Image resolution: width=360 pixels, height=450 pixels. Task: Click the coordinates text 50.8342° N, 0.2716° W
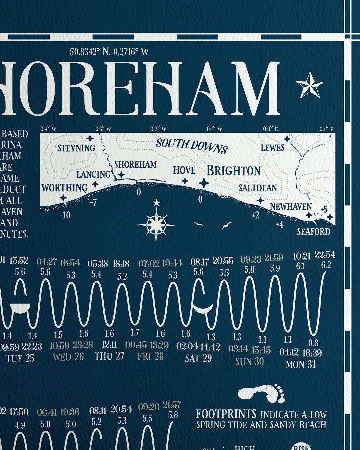109,52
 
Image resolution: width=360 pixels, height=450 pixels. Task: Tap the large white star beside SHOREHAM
310,85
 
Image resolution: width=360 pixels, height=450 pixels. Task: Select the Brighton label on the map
233,171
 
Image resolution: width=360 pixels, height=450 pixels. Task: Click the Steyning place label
76,148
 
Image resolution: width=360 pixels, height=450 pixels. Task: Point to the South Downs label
192,146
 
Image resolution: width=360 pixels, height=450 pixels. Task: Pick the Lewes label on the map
272,148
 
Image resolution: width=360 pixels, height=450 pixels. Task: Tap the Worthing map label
65,188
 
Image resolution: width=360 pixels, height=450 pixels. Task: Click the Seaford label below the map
313,232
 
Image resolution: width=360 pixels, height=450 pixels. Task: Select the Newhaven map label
291,207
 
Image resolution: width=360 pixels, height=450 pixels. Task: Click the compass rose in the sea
156,225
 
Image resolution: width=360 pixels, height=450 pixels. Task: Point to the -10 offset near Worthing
65,215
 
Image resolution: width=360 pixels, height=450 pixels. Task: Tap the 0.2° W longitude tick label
158,129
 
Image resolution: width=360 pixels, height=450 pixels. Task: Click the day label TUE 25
20,359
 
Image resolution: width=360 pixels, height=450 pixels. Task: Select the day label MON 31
300,365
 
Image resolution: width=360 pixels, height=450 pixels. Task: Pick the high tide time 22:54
325,255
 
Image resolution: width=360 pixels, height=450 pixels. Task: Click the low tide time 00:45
136,345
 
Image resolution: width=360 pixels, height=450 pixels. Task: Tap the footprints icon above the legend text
262,394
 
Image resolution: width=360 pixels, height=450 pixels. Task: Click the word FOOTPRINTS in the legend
226,414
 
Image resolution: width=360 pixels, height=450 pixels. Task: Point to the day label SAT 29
198,359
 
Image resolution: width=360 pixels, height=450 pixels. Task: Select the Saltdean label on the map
257,188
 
